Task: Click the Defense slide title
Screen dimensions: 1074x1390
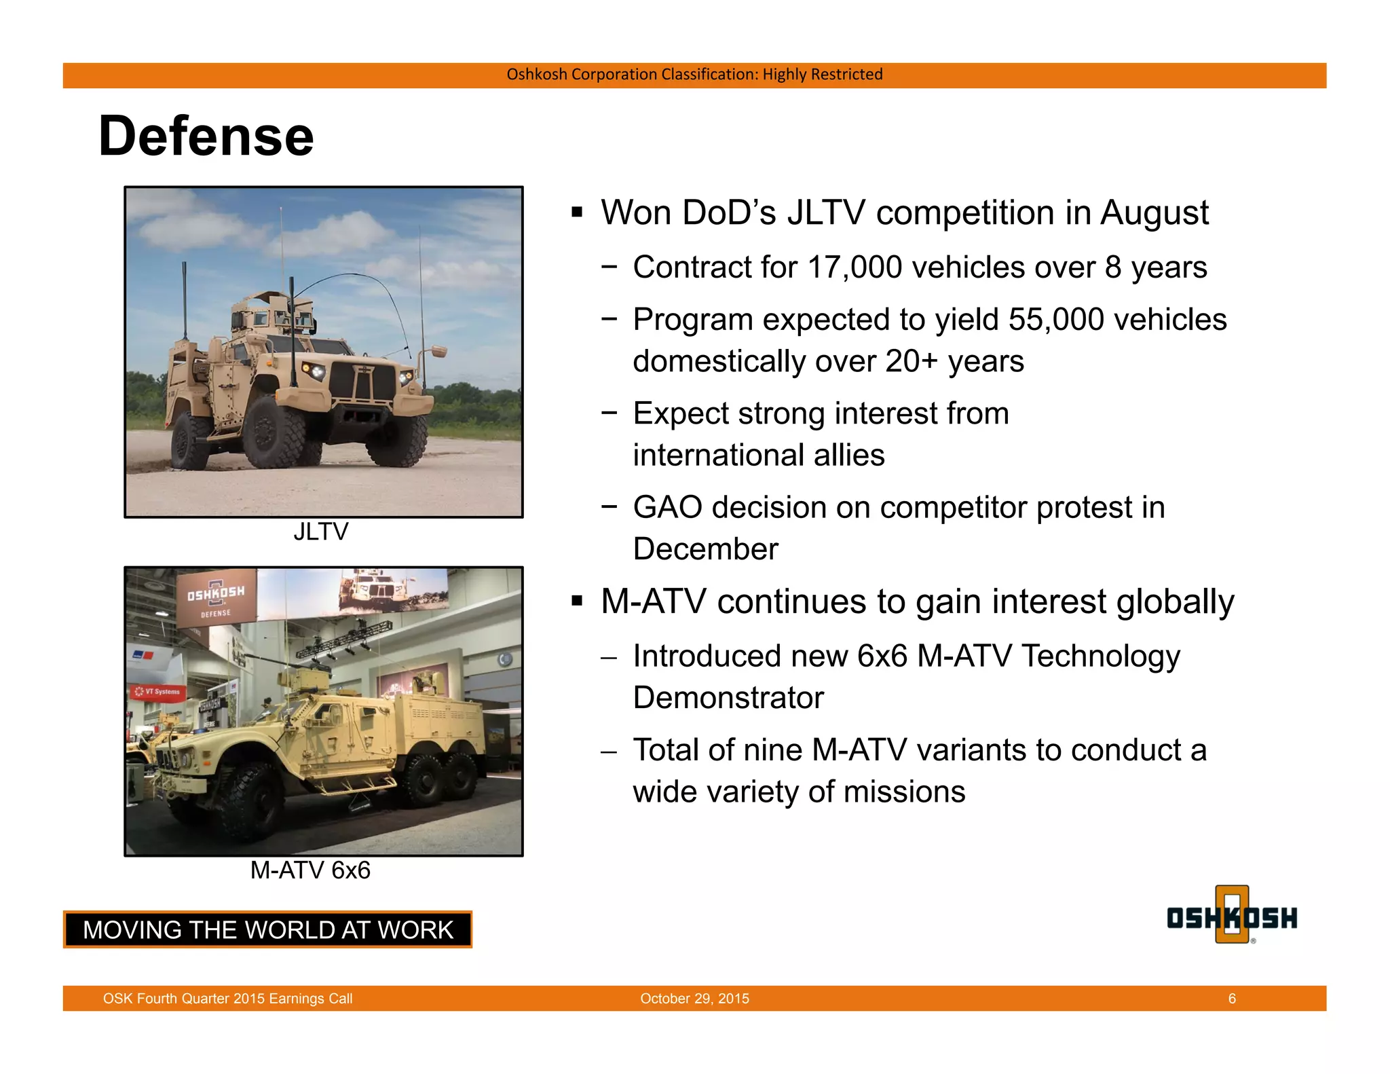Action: coord(206,136)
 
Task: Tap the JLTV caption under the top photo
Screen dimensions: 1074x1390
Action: coord(320,532)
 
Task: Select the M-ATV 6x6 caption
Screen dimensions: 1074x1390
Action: coord(310,870)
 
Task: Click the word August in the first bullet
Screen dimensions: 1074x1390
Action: coord(1154,213)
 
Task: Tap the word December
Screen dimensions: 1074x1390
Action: coord(705,549)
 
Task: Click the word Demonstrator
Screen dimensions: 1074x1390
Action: coord(728,698)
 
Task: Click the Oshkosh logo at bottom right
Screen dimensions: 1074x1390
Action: coord(1232,916)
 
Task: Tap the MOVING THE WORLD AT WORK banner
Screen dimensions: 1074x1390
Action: coord(267,929)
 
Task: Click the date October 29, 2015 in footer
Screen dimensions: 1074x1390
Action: coord(694,999)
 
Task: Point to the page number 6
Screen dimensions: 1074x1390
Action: coord(1232,999)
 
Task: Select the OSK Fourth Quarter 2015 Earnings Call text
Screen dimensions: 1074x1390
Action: coord(227,999)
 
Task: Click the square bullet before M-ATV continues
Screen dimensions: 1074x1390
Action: coord(577,601)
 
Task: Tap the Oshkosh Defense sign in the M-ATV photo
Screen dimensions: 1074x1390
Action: coord(216,597)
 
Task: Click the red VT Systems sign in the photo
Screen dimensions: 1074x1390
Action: coord(157,692)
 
